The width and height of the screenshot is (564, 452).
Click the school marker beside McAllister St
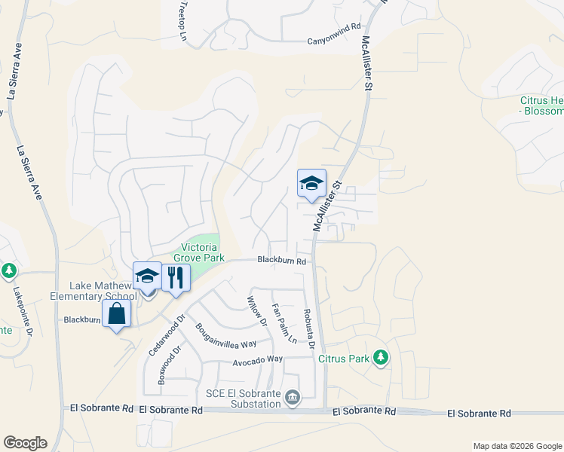[311, 183]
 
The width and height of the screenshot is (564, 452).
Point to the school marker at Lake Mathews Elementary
[147, 276]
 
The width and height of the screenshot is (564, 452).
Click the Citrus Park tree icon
[382, 357]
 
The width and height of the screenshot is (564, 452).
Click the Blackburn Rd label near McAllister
[281, 261]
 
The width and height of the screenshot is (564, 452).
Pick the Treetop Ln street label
[182, 15]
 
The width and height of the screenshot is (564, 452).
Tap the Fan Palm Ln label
[282, 322]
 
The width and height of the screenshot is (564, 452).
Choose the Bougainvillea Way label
[226, 337]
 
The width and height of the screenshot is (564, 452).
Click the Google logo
[25, 443]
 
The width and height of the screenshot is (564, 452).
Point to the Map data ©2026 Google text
[516, 446]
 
